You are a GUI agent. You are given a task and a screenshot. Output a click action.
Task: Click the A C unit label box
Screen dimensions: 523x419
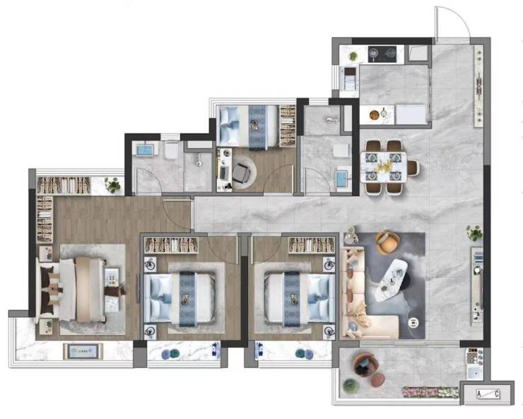(x=488, y=394)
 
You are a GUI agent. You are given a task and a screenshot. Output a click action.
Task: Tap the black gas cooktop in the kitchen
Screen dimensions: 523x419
(x=382, y=54)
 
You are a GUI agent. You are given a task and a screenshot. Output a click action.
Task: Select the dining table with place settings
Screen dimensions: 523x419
(x=384, y=167)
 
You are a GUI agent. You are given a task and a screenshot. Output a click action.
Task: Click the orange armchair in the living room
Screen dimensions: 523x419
(x=387, y=242)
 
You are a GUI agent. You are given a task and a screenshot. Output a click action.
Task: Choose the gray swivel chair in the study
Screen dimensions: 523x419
(x=242, y=172)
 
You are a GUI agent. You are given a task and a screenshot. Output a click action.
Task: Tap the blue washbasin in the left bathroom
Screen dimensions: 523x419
(x=145, y=150)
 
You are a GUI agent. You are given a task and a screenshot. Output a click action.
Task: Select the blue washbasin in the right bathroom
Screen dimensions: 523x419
(x=342, y=179)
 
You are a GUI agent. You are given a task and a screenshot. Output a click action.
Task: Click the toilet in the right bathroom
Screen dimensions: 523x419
(x=341, y=151)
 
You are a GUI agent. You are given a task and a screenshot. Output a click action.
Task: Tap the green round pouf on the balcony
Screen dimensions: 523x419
(x=351, y=386)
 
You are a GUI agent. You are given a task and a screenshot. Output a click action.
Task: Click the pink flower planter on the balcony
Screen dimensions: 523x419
(x=430, y=392)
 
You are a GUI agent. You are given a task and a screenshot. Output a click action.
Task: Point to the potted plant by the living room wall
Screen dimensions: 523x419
(x=474, y=233)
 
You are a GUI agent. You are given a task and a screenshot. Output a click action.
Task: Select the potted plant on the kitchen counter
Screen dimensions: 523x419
(x=353, y=56)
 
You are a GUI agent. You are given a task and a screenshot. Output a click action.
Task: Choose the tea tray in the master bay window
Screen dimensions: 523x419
(x=83, y=351)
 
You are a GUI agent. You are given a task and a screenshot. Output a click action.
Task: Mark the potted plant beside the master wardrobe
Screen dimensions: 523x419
(x=112, y=184)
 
